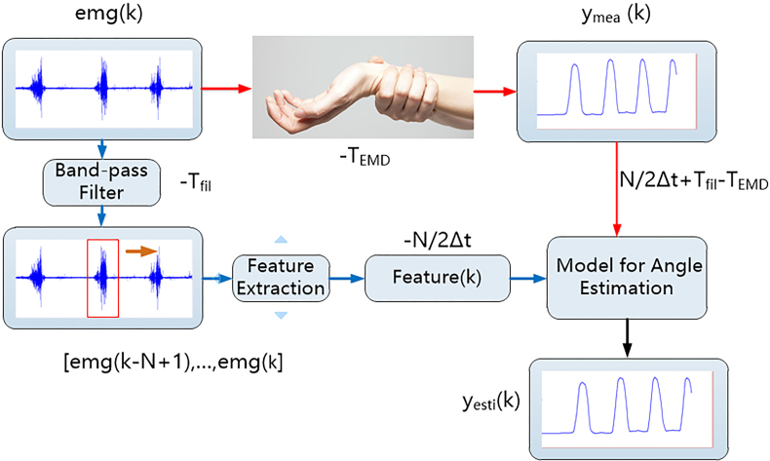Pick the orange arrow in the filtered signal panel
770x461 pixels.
click(141, 251)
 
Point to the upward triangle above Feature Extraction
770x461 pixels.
click(281, 240)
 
